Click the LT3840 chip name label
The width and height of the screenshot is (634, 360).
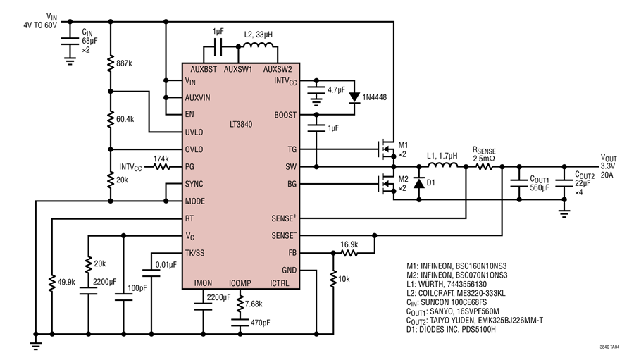point(241,124)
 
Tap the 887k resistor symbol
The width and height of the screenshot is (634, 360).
point(111,64)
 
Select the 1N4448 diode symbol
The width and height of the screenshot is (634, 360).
point(354,97)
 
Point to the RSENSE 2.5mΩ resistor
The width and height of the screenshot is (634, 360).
point(484,166)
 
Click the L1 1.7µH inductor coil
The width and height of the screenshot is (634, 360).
point(443,165)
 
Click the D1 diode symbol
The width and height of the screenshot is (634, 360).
point(419,183)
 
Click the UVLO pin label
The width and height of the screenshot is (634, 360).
point(194,132)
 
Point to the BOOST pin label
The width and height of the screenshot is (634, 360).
point(285,115)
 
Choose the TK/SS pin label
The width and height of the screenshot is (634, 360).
point(195,253)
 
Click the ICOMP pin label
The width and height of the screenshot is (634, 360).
point(240,283)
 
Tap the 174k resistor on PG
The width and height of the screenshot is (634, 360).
point(161,167)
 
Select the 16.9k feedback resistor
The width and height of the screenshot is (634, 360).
point(349,253)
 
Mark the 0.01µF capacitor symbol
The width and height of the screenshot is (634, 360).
point(151,273)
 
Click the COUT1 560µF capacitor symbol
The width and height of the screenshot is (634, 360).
point(519,183)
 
